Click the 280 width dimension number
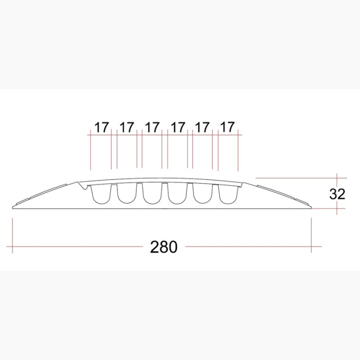coord(164,247)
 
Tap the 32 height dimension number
coord(337,194)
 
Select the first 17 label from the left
coord(102,128)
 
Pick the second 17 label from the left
coord(127,128)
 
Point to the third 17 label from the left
coord(152,128)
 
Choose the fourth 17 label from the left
coord(178,128)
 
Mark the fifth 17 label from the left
coord(202,128)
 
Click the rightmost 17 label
coord(227,127)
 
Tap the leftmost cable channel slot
coord(101,194)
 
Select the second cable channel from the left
coord(127,194)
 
